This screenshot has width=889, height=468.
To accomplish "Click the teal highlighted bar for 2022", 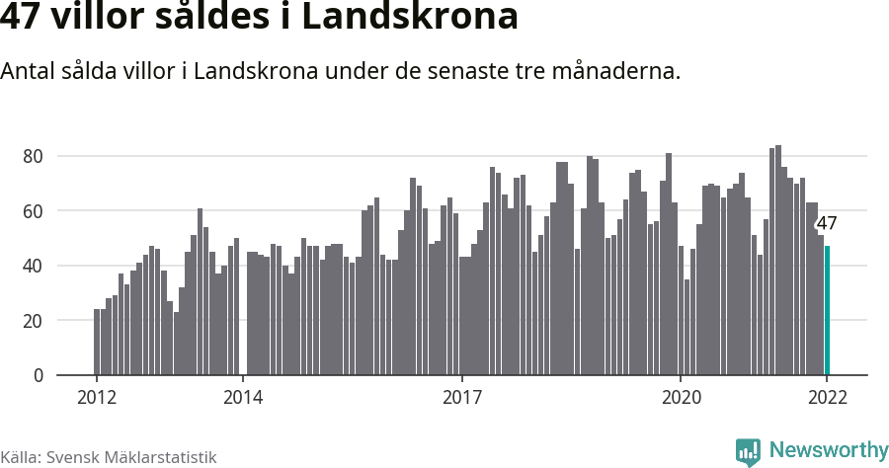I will point(827,311).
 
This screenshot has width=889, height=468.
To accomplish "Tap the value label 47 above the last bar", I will point(827,223).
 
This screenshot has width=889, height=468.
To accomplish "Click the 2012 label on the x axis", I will point(96,398).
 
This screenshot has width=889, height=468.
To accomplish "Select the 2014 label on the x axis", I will point(242,398).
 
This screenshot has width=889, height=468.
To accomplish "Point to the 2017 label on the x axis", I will point(461,398).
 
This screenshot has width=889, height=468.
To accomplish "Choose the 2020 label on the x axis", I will point(681,398).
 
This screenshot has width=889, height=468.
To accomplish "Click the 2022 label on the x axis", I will point(827,398).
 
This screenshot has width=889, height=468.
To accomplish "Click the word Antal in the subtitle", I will point(28,72).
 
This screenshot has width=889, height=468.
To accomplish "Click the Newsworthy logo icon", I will point(748,451).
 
